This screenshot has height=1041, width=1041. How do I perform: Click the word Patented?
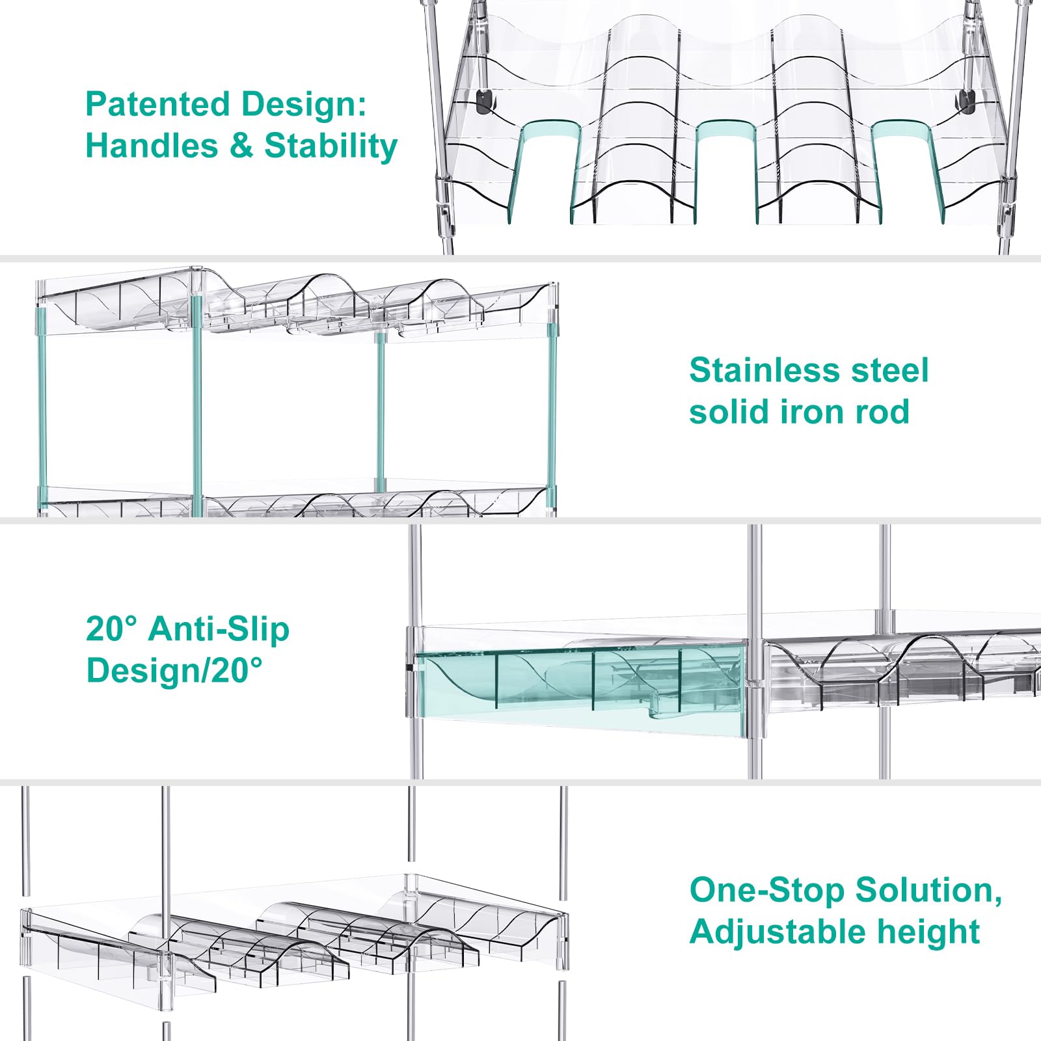155,104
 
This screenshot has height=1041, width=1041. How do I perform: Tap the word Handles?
152,146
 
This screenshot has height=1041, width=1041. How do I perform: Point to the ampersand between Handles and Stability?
241,146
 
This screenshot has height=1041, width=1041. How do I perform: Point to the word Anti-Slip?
219,629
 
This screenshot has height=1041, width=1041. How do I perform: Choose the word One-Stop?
767,890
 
